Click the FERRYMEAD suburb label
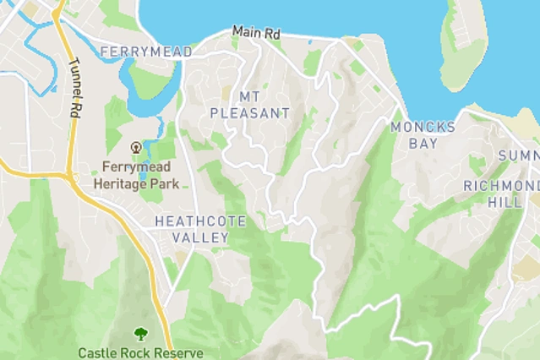145,52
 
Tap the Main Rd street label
256,32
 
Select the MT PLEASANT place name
249,105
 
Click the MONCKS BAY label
423,135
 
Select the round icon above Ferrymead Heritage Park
136,148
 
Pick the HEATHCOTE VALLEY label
200,229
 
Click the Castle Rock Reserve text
139,352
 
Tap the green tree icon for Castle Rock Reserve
139,335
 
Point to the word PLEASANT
249,113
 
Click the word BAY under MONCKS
423,144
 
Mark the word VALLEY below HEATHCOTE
200,237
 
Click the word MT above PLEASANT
249,96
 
